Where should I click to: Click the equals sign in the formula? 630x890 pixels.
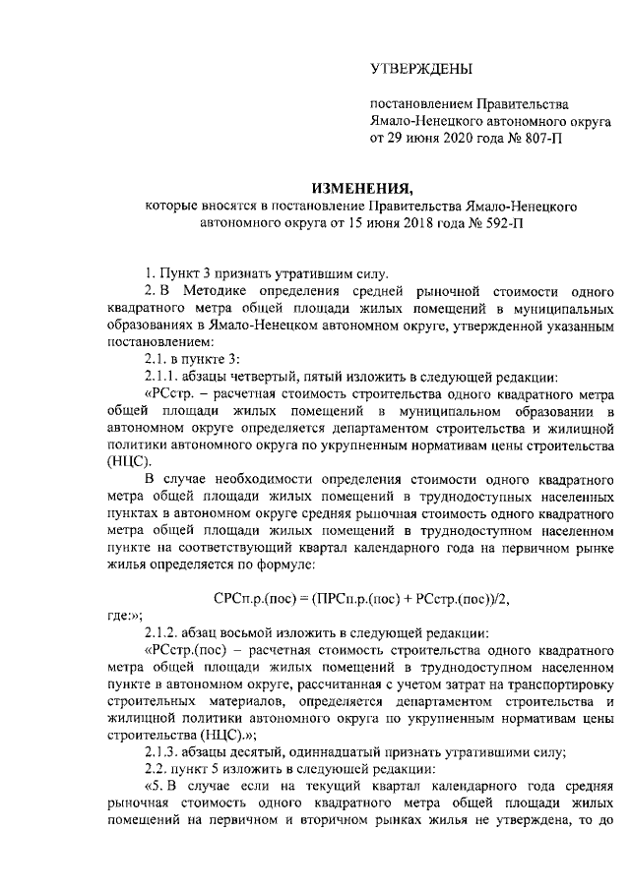click(x=304, y=598)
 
